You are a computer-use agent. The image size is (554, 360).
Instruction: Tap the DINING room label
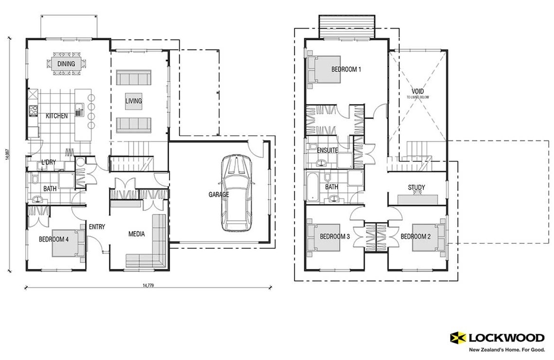coord(66,64)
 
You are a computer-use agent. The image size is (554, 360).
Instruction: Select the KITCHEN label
coord(57,116)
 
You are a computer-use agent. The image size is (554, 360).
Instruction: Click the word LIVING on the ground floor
coord(134,101)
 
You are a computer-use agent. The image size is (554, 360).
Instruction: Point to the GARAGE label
coord(219,194)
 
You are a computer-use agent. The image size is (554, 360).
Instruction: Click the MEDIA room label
coord(137,234)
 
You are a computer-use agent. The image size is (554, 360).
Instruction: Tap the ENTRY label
coord(97,226)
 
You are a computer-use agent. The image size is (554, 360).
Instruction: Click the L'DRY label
coord(47,162)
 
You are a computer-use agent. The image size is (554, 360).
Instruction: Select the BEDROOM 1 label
coord(346,69)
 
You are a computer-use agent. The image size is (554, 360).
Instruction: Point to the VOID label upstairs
coord(417,91)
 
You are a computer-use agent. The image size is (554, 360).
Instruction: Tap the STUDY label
coord(416,188)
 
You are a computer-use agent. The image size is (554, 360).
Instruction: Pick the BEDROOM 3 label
coord(335,237)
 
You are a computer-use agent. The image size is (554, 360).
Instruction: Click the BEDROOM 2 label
coord(416,237)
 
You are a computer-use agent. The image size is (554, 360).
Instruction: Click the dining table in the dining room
coord(67,64)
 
